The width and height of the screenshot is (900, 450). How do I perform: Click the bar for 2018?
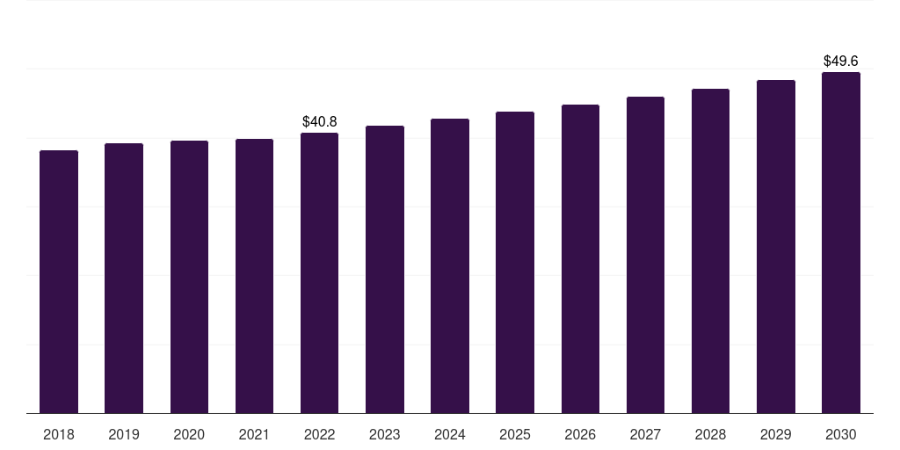tap(59, 281)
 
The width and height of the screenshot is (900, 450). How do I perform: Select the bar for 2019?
tap(124, 278)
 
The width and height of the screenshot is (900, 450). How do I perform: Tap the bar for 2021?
tap(254, 276)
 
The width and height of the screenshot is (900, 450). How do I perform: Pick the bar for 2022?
tap(319, 272)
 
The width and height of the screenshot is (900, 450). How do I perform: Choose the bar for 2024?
tap(450, 265)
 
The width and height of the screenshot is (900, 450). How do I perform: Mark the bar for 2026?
tap(580, 258)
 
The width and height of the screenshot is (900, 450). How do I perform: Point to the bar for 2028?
tap(710, 250)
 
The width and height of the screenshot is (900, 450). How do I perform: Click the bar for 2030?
tap(841, 243)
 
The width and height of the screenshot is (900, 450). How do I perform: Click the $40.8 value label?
tap(319, 121)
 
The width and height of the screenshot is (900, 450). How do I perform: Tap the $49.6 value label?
tap(841, 61)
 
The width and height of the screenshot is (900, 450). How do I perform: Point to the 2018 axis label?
tap(59, 434)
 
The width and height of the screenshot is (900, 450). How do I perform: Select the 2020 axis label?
tap(189, 434)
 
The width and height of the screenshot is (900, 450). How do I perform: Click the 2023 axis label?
tap(385, 434)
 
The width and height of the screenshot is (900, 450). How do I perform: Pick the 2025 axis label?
tap(515, 434)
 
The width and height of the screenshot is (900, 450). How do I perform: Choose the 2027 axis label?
tap(645, 434)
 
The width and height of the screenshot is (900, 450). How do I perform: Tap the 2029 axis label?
tap(775, 434)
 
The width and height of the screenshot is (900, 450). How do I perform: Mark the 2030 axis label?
tap(841, 434)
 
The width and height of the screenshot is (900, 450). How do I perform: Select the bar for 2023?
tap(385, 269)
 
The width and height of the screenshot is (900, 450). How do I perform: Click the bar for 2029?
tap(776, 246)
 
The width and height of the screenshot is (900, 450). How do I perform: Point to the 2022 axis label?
tap(319, 434)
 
